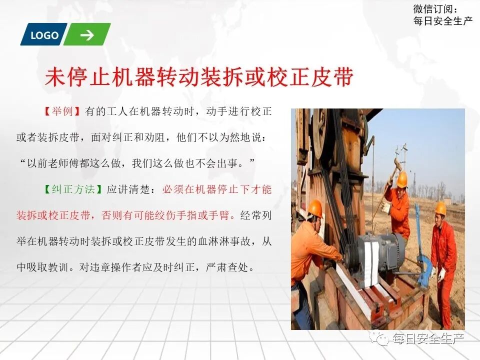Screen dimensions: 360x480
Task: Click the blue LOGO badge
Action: (44, 35)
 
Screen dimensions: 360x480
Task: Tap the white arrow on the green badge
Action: (87, 35)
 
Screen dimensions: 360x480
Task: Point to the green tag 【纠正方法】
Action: (74, 189)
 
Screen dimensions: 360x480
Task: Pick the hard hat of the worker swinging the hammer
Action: (401, 178)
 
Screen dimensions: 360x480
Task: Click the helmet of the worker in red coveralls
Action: (440, 208)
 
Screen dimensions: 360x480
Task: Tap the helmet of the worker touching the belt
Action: (315, 208)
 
